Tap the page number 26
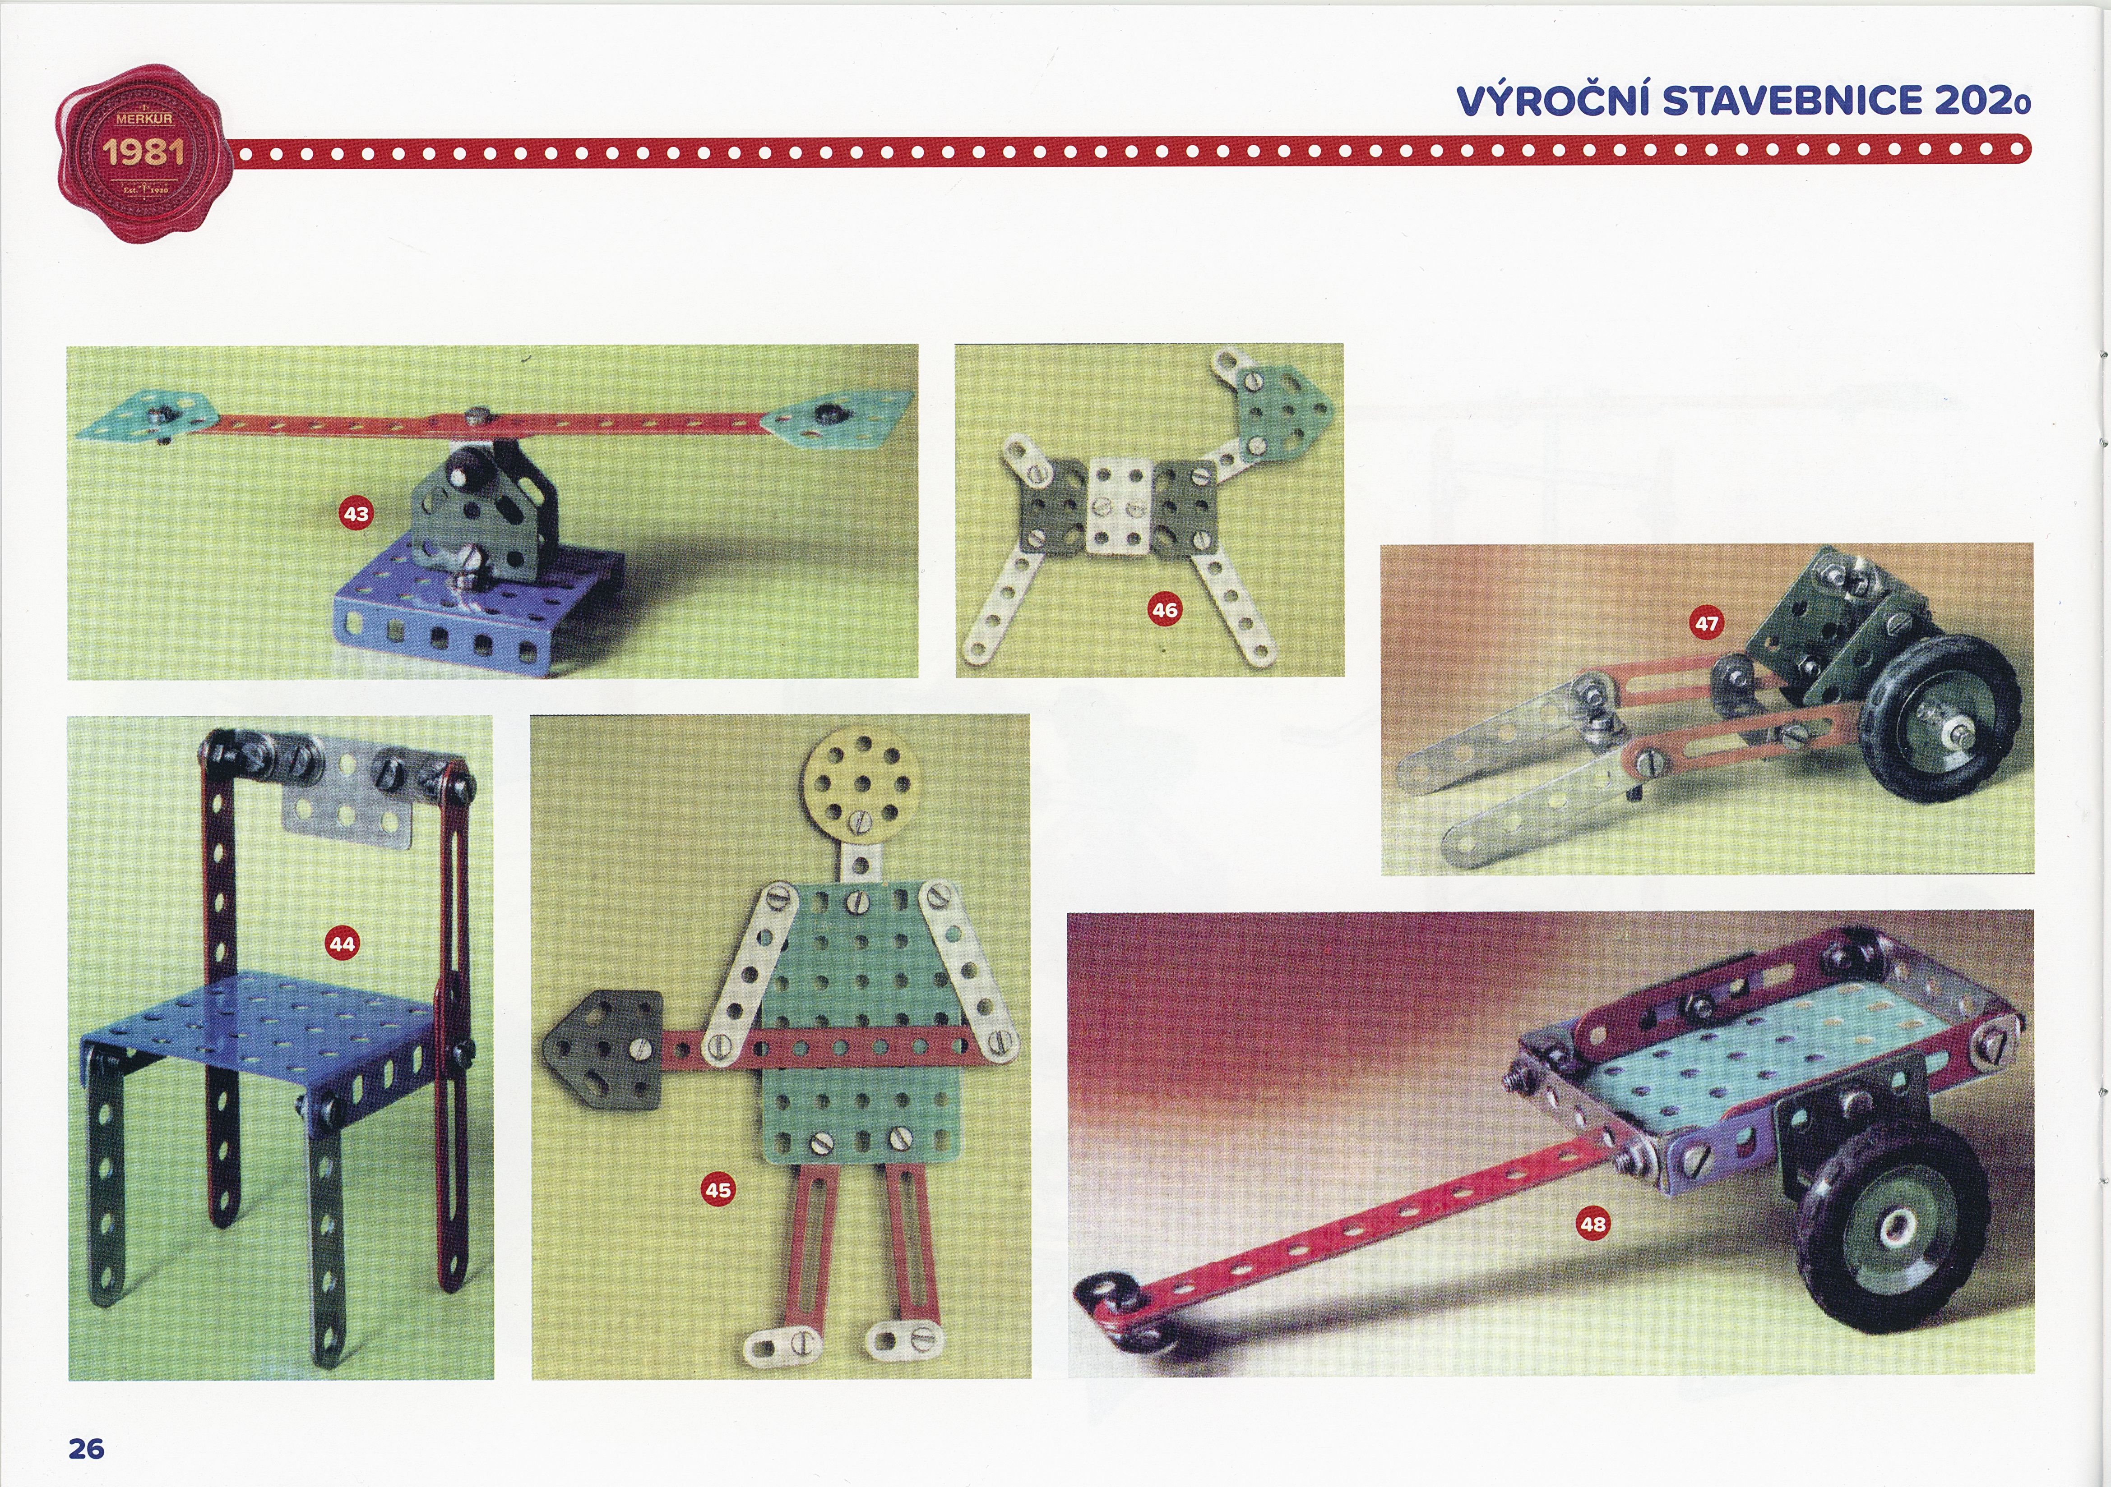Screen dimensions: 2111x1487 pyautogui.click(x=87, y=1448)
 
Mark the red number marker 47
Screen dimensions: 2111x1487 pyautogui.click(x=1707, y=623)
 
